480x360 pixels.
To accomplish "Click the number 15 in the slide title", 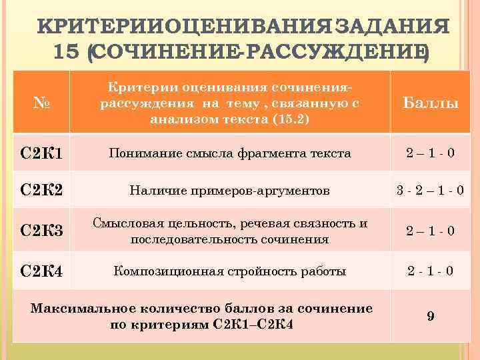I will coord(69,52).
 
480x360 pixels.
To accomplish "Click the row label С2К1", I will coord(43,154).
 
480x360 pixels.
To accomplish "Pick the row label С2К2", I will coord(43,191).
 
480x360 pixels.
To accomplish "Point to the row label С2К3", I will coord(43,231).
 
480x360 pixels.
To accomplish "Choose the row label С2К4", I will coord(43,271).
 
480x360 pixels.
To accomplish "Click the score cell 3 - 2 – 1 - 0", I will coord(431,191).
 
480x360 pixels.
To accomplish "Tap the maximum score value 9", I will coord(431,316).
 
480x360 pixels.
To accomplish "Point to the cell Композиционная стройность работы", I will coord(230,271).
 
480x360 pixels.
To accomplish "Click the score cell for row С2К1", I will coord(431,153).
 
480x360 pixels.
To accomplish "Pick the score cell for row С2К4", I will coord(431,271).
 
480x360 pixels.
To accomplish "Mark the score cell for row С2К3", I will coord(431,231).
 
